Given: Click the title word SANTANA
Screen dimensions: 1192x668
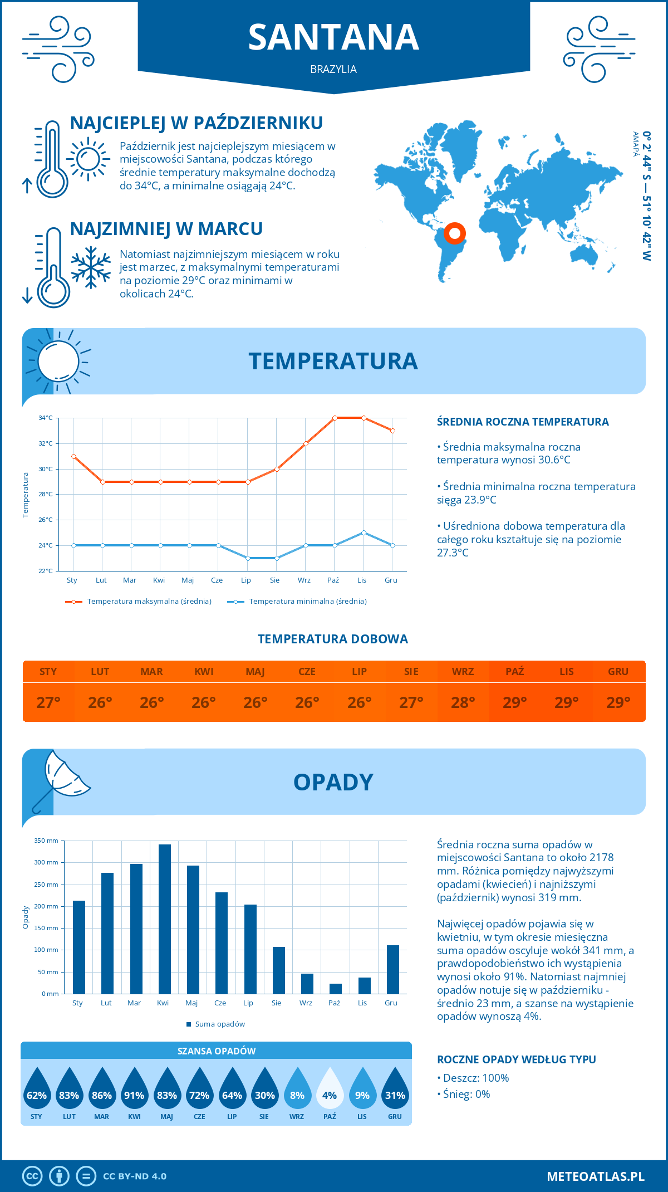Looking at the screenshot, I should (x=333, y=38).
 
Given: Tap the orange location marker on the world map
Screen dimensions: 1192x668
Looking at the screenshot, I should (x=455, y=233).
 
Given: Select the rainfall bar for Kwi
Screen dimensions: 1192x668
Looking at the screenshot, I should (x=164, y=919).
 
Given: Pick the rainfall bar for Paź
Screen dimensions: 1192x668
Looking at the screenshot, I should (x=335, y=988).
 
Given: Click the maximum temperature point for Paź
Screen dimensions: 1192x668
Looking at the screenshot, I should (x=335, y=418).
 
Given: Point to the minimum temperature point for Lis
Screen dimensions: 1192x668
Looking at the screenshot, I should (x=364, y=533).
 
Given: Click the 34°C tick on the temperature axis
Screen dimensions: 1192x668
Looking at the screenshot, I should (x=46, y=418).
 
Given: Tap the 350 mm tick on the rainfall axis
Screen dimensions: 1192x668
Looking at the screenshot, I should (x=46, y=841).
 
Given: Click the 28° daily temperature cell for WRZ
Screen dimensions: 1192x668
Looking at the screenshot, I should (x=463, y=702).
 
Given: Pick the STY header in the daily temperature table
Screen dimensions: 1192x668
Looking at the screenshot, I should (x=48, y=671).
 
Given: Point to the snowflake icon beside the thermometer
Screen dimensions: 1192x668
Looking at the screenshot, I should (x=91, y=267).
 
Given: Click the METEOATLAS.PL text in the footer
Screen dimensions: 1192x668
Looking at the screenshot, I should (x=595, y=1176).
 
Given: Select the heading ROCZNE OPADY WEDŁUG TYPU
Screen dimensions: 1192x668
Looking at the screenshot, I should (x=516, y=1059).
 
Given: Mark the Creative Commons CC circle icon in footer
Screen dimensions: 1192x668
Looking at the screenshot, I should (x=32, y=1176).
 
